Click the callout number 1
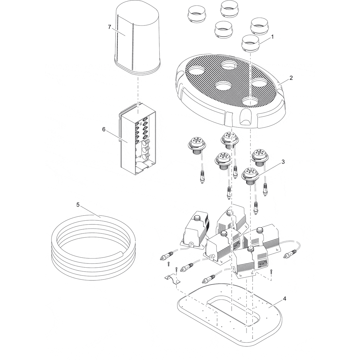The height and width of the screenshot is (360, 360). click(x=272, y=37)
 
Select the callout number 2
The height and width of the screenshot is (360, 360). click(x=291, y=78)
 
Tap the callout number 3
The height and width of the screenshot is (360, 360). click(x=283, y=162)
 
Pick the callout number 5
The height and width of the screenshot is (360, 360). click(x=78, y=205)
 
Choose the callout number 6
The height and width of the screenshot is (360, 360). click(x=104, y=129)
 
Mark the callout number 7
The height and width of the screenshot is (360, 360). click(x=110, y=27)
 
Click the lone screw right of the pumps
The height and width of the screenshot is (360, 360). click(x=271, y=272)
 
